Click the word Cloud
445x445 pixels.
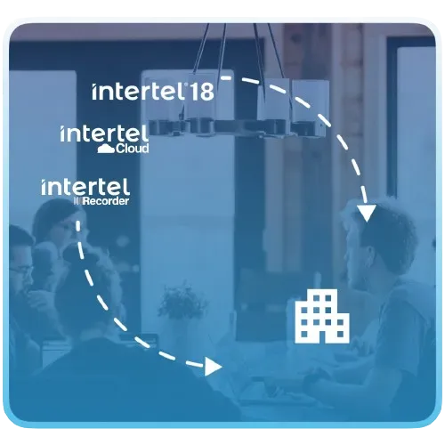133,148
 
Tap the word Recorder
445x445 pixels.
106,201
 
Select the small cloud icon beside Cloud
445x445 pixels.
106,149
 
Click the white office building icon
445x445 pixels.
322,317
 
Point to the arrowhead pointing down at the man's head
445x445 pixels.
367,213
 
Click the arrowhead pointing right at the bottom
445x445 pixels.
213,367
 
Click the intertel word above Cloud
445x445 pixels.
104,133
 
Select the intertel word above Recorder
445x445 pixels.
85,187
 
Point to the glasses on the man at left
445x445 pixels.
20,270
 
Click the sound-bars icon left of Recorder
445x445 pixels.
77,201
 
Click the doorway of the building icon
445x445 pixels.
322,336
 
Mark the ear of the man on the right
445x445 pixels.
368,258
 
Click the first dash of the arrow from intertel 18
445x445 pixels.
226,77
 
